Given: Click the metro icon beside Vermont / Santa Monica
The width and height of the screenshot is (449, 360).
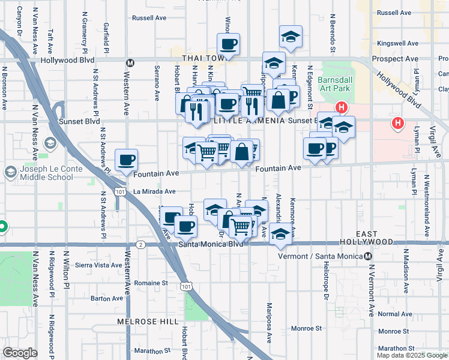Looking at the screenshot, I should click(x=369, y=256).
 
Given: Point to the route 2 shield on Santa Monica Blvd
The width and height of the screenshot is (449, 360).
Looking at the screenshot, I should click(x=140, y=244).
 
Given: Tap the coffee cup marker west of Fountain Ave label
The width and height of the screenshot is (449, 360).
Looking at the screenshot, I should click(x=126, y=160).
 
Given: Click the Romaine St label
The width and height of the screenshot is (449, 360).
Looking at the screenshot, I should click(x=151, y=283).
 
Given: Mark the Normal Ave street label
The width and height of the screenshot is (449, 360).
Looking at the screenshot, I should click(x=395, y=314).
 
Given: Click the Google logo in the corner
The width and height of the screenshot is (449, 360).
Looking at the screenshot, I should click(x=20, y=353).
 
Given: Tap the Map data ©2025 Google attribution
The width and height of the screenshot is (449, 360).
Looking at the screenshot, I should click(x=412, y=355).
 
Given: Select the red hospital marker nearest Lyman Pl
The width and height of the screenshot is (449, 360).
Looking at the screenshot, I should click(x=397, y=124).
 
